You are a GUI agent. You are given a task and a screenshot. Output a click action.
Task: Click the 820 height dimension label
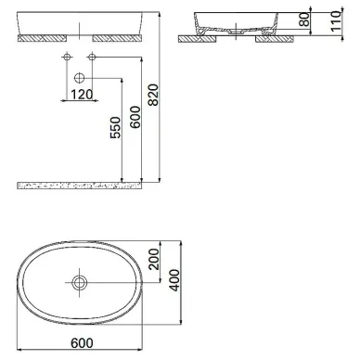[153, 95]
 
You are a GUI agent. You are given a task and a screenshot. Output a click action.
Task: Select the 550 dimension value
[115, 127]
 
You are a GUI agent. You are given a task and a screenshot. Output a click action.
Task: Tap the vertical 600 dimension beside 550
[135, 117]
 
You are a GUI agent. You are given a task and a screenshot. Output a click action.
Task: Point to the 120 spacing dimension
[82, 95]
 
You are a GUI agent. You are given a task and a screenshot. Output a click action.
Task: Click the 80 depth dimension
[304, 19]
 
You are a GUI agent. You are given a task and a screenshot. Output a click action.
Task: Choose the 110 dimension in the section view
[335, 21]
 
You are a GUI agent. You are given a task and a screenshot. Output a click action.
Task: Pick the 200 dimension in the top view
[154, 259]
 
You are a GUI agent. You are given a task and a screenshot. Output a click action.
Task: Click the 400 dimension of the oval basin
[174, 280]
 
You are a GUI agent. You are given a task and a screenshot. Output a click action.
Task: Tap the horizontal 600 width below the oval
[82, 343]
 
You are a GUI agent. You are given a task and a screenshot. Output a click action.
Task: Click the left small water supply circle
[67, 57]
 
